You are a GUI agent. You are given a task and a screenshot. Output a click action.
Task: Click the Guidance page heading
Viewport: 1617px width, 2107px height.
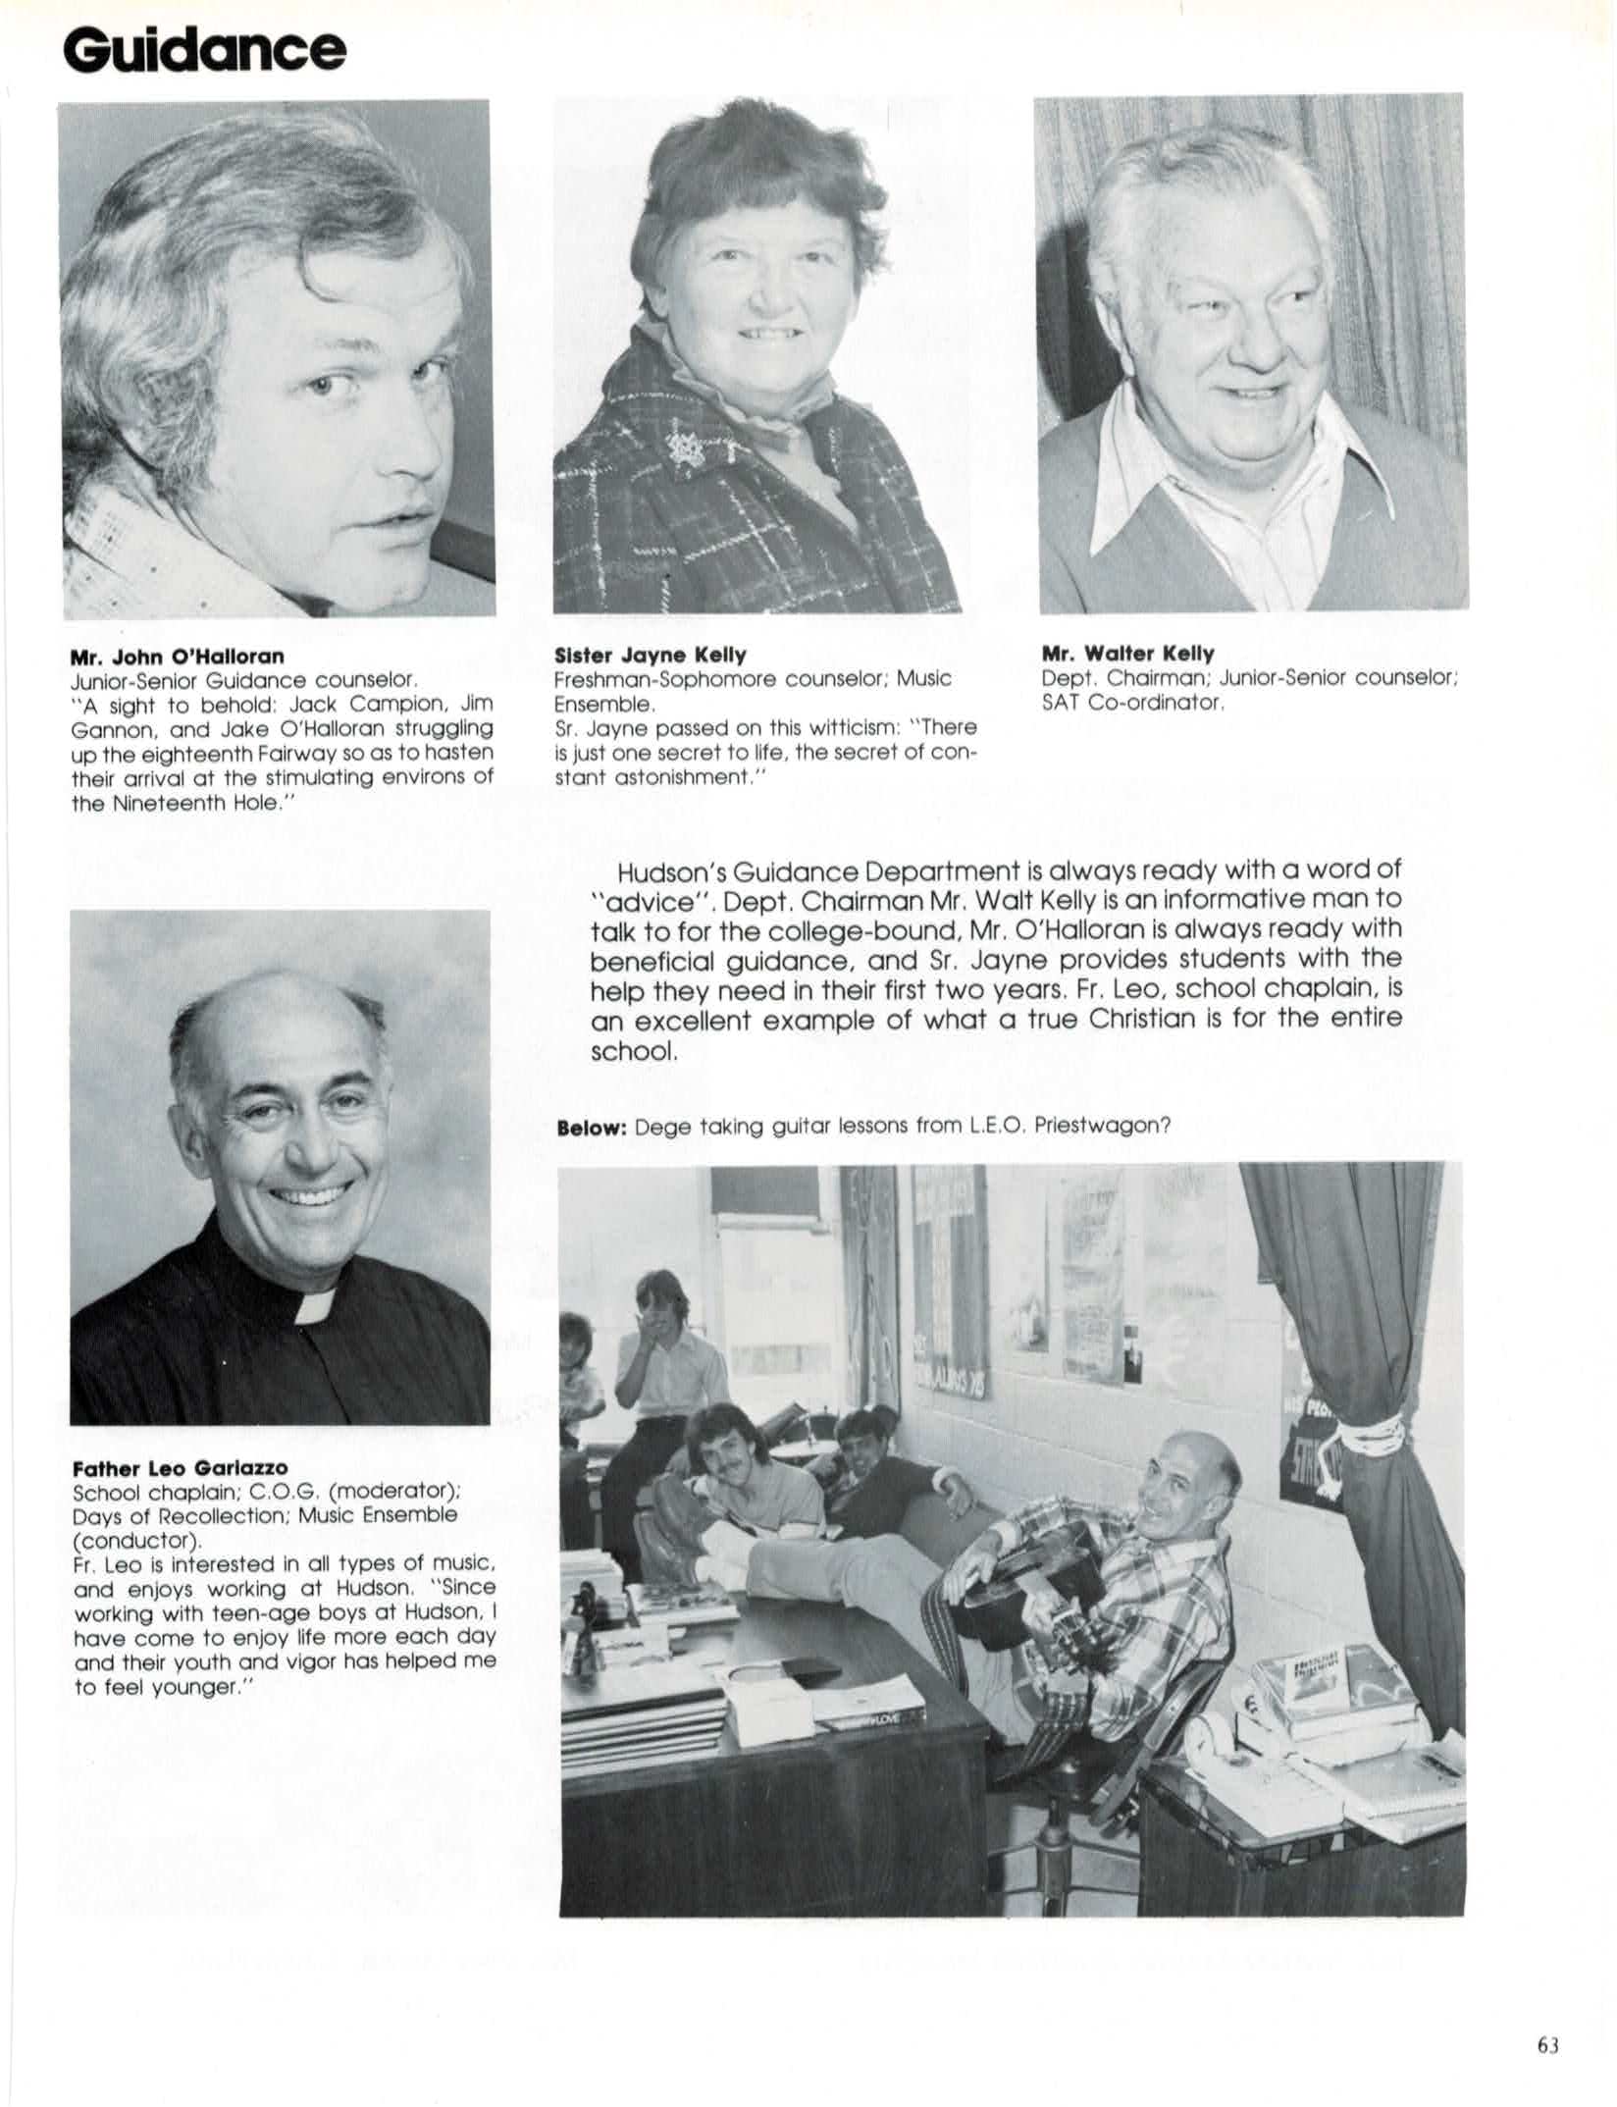point(205,48)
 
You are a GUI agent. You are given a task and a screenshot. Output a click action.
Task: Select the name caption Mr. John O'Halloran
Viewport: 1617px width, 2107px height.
point(178,656)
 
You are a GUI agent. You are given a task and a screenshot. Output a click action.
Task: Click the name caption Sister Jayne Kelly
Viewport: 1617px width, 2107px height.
point(651,655)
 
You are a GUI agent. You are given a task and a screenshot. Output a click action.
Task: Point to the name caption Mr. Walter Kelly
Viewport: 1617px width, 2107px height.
point(1127,653)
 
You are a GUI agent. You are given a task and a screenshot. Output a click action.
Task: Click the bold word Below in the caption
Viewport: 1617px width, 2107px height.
point(592,1128)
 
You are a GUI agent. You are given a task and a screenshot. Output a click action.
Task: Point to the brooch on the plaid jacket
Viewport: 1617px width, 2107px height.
point(689,448)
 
